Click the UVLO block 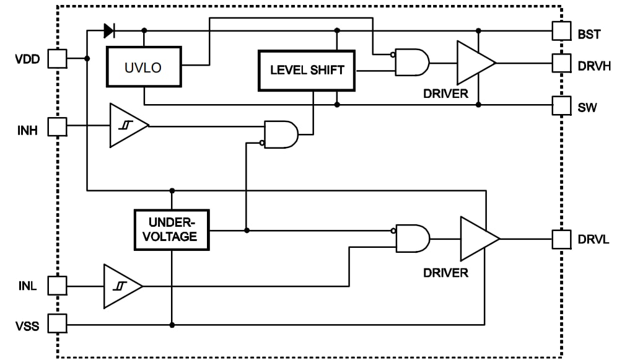[x=144, y=67]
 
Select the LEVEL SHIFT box [x=307, y=70]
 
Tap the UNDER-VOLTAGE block [x=172, y=230]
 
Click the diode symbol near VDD [x=109, y=29]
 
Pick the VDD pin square [x=57, y=59]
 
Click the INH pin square [x=57, y=127]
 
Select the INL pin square [x=57, y=286]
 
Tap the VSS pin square [x=57, y=323]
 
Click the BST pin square [x=561, y=30]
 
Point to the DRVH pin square [x=561, y=63]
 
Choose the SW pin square [x=561, y=105]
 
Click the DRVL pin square [x=561, y=239]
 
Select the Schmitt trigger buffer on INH [x=126, y=126]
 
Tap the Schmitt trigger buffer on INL [x=121, y=286]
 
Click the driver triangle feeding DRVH [x=474, y=63]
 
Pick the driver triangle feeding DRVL [x=477, y=239]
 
